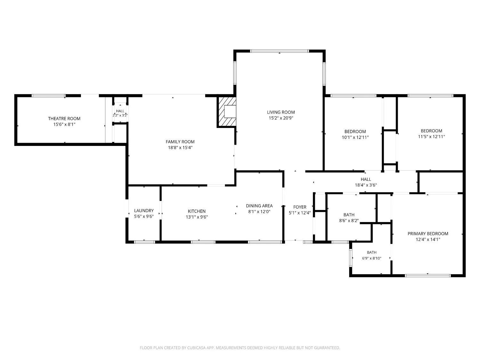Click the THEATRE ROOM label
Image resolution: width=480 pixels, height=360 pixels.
pyautogui.click(x=64, y=118)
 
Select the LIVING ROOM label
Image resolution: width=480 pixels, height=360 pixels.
pyautogui.click(x=281, y=112)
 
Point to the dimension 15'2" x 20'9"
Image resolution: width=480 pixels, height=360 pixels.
pyautogui.click(x=281, y=118)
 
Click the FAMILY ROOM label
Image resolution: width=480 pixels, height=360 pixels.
pyautogui.click(x=180, y=142)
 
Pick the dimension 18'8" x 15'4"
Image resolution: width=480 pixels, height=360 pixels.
pyautogui.click(x=180, y=148)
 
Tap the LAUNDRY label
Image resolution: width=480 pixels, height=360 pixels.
pyautogui.click(x=144, y=211)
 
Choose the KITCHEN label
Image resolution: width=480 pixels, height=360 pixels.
pyautogui.click(x=196, y=211)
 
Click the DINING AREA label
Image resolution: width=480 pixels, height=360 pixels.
pyautogui.click(x=259, y=206)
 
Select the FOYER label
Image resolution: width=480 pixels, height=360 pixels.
pyautogui.click(x=300, y=207)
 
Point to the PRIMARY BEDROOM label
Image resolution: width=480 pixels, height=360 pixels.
pyautogui.click(x=428, y=234)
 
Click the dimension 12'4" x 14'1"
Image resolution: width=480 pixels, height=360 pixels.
pyautogui.click(x=428, y=239)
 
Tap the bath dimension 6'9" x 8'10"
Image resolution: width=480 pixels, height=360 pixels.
pyautogui.click(x=372, y=258)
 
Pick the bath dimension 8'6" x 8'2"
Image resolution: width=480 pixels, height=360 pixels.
pyautogui.click(x=349, y=220)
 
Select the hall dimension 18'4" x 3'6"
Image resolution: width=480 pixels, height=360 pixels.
pyautogui.click(x=366, y=185)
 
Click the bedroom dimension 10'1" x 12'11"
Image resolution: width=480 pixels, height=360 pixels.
pyautogui.click(x=355, y=137)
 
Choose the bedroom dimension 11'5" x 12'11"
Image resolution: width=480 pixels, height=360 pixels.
pyautogui.click(x=431, y=137)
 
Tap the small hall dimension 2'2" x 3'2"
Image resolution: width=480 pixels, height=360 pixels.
pyautogui.click(x=120, y=115)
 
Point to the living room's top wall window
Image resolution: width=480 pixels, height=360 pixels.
pyautogui.click(x=279, y=51)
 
